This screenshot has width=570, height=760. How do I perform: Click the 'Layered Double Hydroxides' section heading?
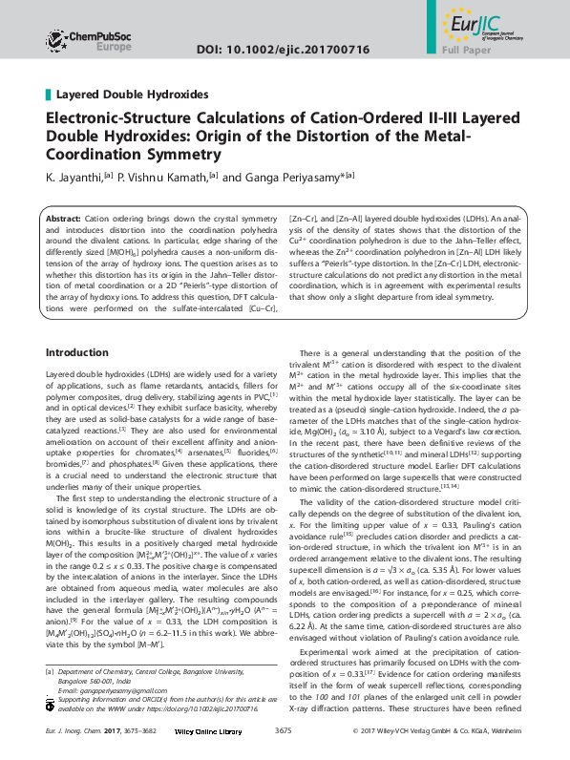[132, 95]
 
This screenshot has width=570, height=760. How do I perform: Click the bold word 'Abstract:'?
[64, 220]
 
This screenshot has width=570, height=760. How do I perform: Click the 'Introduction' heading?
[84, 326]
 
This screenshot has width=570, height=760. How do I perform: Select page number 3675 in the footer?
[282, 730]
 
